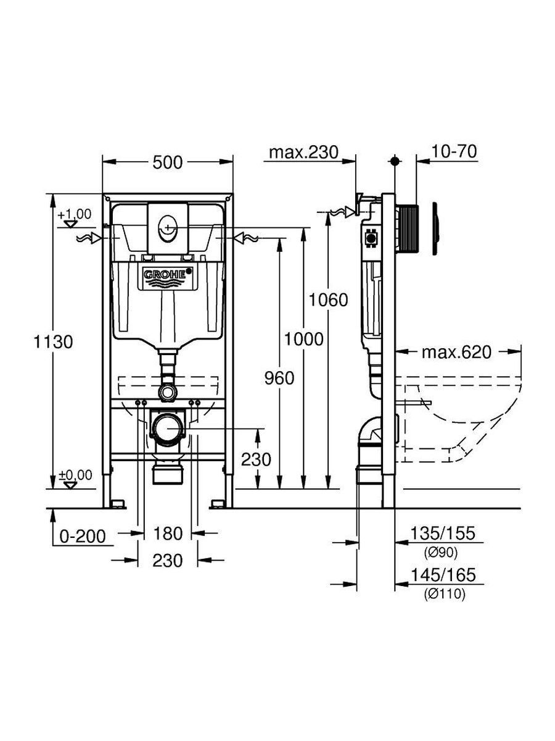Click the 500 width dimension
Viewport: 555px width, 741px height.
click(x=168, y=163)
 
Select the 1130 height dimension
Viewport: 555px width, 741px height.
click(x=53, y=342)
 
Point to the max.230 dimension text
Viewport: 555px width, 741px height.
click(x=303, y=153)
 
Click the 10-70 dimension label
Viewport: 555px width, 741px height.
click(x=454, y=151)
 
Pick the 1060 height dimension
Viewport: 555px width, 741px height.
click(x=328, y=300)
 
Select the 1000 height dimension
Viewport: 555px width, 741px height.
click(x=304, y=339)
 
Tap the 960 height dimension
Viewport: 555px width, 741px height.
click(x=279, y=378)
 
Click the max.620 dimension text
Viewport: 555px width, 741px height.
click(x=456, y=353)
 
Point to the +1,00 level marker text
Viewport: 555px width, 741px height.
click(x=75, y=214)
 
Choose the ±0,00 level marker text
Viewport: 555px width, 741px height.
click(x=75, y=475)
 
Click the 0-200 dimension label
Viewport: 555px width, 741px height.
click(x=83, y=536)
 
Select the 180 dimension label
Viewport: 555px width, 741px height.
click(x=168, y=534)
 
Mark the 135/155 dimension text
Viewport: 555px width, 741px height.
click(x=442, y=533)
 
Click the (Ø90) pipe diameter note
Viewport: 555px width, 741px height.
click(x=441, y=553)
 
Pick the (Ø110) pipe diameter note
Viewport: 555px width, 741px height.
click(x=445, y=594)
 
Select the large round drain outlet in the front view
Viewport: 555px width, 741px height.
click(x=168, y=427)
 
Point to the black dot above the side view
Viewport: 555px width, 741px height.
click(x=394, y=161)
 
